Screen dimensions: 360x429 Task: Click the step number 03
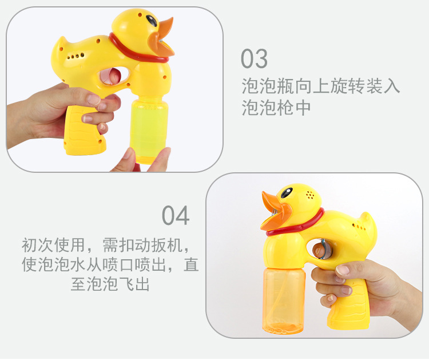(x=254, y=59)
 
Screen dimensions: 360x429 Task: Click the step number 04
(x=175, y=216)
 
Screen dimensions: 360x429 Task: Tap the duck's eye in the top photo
(x=151, y=21)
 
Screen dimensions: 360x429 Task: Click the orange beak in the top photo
(x=161, y=38)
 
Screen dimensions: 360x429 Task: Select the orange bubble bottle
(x=284, y=300)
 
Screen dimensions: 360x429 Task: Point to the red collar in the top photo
(x=137, y=50)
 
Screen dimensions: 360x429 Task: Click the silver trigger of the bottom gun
(x=321, y=250)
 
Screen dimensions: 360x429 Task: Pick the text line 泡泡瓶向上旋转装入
(x=320, y=87)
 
